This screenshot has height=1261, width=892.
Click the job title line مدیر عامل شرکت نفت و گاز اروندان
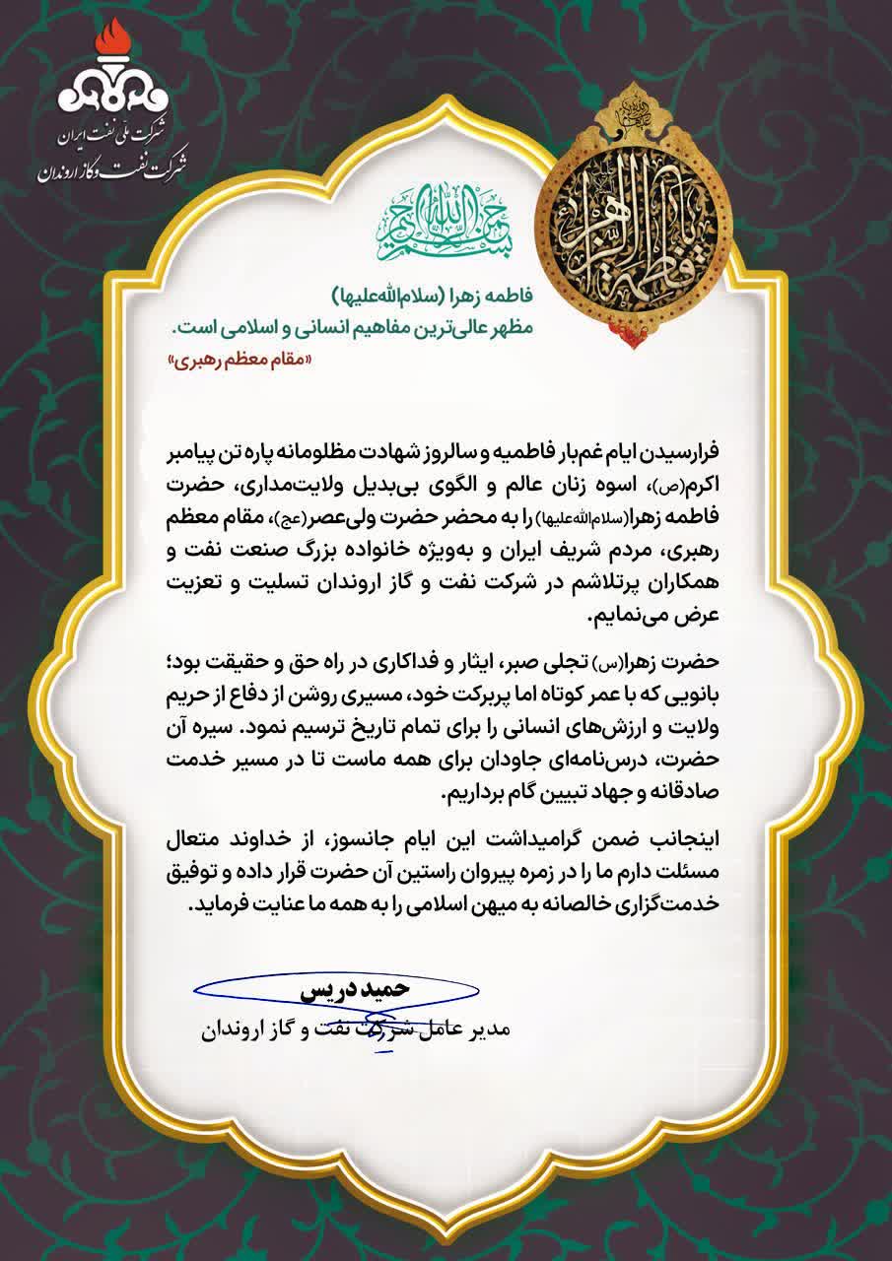(x=354, y=1030)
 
